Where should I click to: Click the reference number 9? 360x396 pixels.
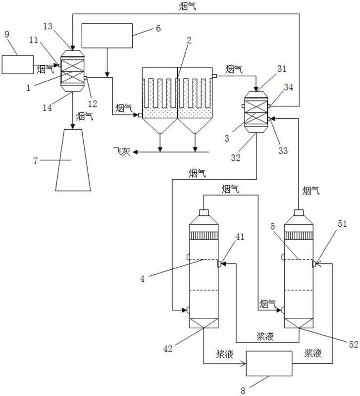(x=7, y=34)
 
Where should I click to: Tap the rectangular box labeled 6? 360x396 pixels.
(x=107, y=36)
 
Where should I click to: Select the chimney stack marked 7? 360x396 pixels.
(x=73, y=160)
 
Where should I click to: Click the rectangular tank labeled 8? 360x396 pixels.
(x=269, y=363)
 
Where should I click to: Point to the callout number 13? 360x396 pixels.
(x=48, y=26)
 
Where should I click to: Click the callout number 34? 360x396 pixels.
(x=289, y=87)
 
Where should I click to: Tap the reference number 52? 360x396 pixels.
(x=354, y=344)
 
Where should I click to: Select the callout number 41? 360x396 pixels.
(x=240, y=237)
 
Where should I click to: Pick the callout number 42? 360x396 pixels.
(x=168, y=349)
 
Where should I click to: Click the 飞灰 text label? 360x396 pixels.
(x=122, y=151)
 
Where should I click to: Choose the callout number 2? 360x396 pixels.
(x=189, y=40)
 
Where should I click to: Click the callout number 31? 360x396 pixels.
(x=282, y=69)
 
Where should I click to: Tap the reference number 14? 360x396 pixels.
(x=47, y=107)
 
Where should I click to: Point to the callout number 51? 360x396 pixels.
(x=342, y=224)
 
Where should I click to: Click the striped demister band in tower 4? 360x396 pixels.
(x=204, y=236)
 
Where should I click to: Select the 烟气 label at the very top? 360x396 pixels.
(x=187, y=6)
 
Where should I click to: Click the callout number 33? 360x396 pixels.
(x=283, y=150)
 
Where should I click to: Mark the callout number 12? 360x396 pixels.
(x=93, y=103)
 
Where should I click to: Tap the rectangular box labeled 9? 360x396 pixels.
(x=18, y=65)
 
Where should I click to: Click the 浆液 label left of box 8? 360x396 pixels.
(x=225, y=354)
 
